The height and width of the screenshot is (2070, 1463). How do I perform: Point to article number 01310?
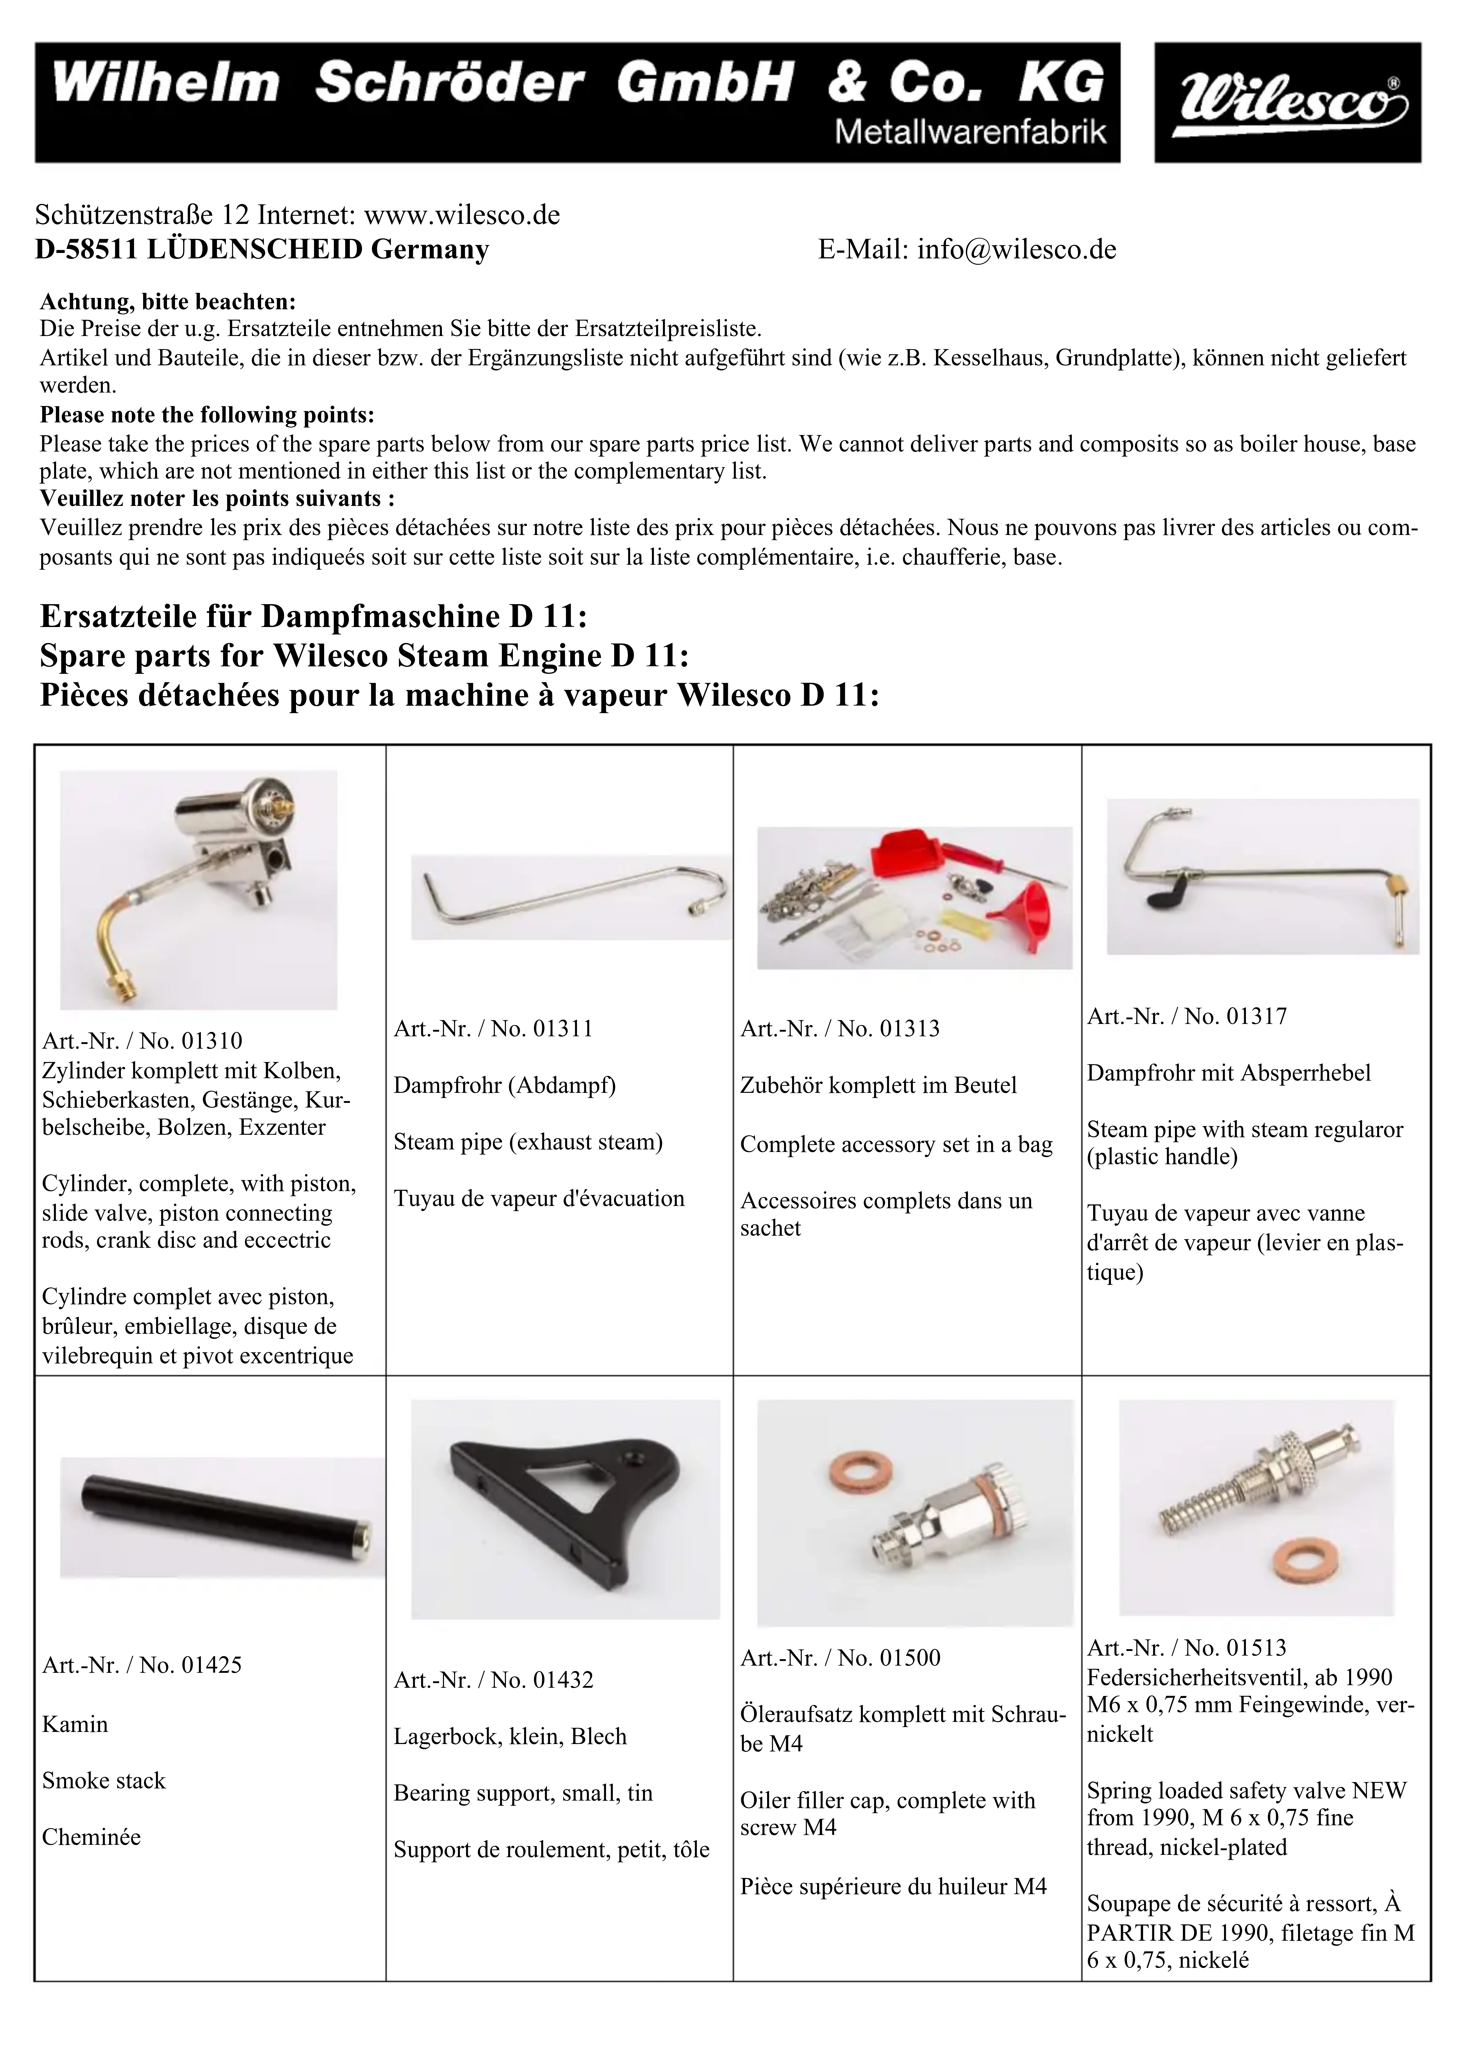[x=212, y=1041]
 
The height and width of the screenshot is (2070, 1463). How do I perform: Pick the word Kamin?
[x=75, y=1725]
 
